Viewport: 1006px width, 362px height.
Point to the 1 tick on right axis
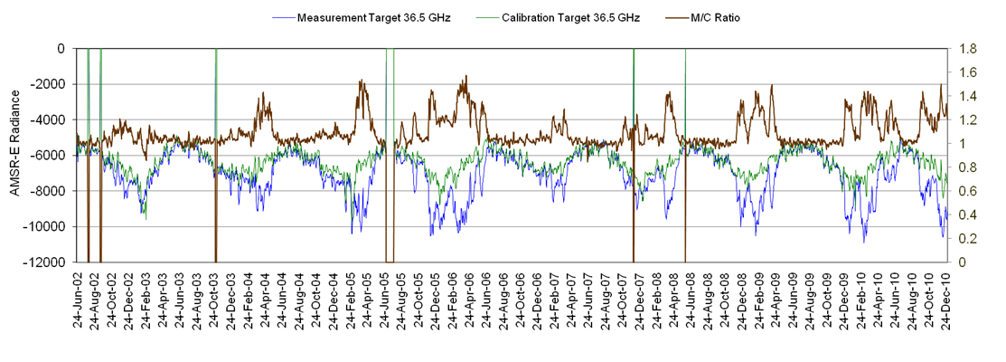click(x=957, y=144)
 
